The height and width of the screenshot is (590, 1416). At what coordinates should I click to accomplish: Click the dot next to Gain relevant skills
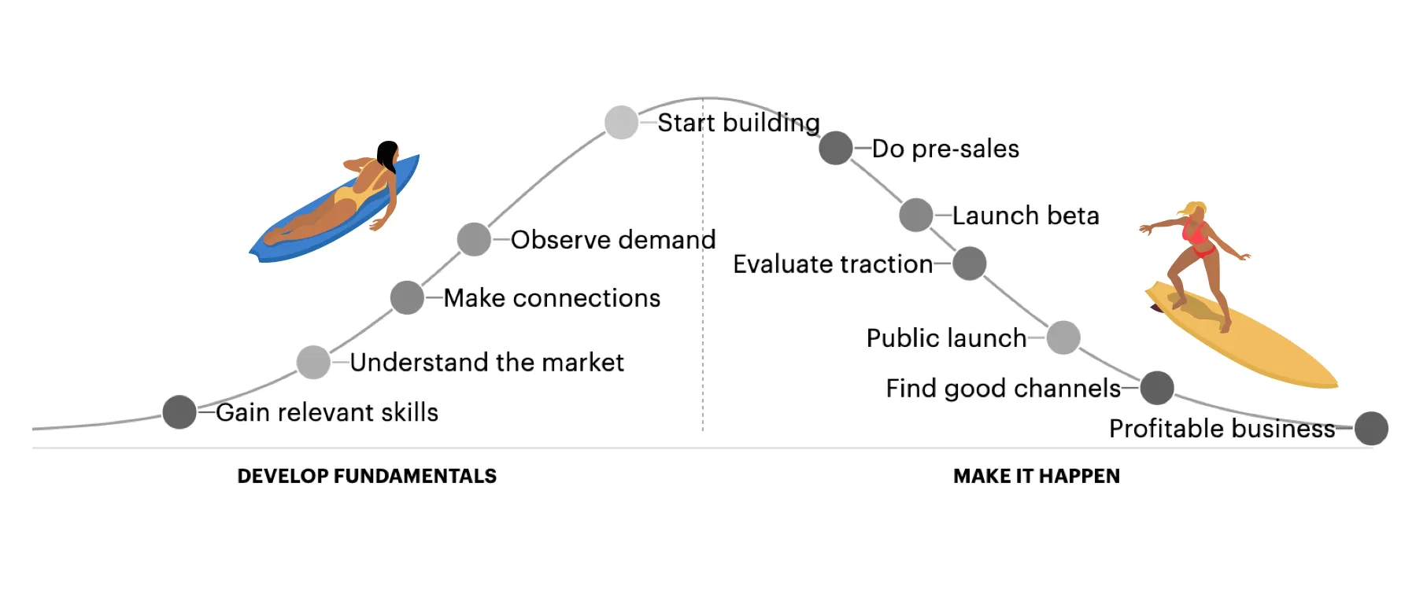179,412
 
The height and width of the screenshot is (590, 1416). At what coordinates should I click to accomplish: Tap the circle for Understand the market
313,362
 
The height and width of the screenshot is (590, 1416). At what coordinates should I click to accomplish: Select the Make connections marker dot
407,297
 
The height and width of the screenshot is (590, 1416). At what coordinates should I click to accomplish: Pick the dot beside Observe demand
474,239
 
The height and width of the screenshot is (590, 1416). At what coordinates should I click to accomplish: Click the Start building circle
621,123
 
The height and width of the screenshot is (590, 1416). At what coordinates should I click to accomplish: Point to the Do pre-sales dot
836,148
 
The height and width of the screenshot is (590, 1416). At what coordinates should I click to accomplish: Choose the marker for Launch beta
916,215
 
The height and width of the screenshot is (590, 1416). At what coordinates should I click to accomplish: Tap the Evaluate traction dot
970,264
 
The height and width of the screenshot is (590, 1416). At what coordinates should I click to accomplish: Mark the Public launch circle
1063,337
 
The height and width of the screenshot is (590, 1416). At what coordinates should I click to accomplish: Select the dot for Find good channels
1157,388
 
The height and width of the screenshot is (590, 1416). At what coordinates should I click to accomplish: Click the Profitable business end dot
1371,429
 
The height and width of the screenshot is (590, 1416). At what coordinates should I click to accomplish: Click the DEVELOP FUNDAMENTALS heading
367,476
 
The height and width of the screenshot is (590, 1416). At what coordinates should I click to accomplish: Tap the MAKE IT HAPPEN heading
1037,476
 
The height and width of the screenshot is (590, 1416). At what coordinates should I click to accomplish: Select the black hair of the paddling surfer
387,156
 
